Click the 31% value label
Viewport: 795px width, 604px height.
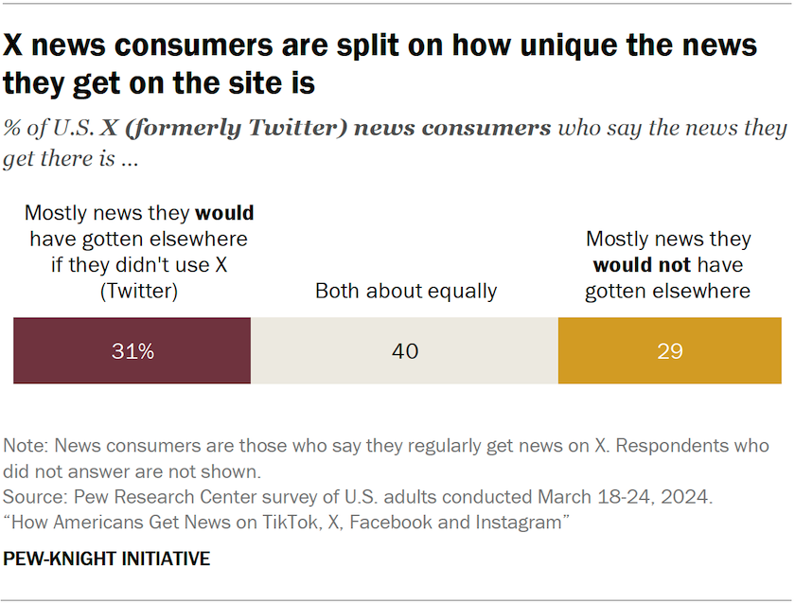[x=132, y=351]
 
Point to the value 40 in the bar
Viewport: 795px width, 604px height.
[x=404, y=351]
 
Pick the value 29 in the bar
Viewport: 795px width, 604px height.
[x=669, y=351]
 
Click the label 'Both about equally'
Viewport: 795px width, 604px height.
[x=405, y=291]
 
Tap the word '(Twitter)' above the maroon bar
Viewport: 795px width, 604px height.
[x=139, y=291]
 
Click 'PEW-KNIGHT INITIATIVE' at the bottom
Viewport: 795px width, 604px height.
[x=106, y=559]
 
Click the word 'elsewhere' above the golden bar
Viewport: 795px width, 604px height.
[x=699, y=291]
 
